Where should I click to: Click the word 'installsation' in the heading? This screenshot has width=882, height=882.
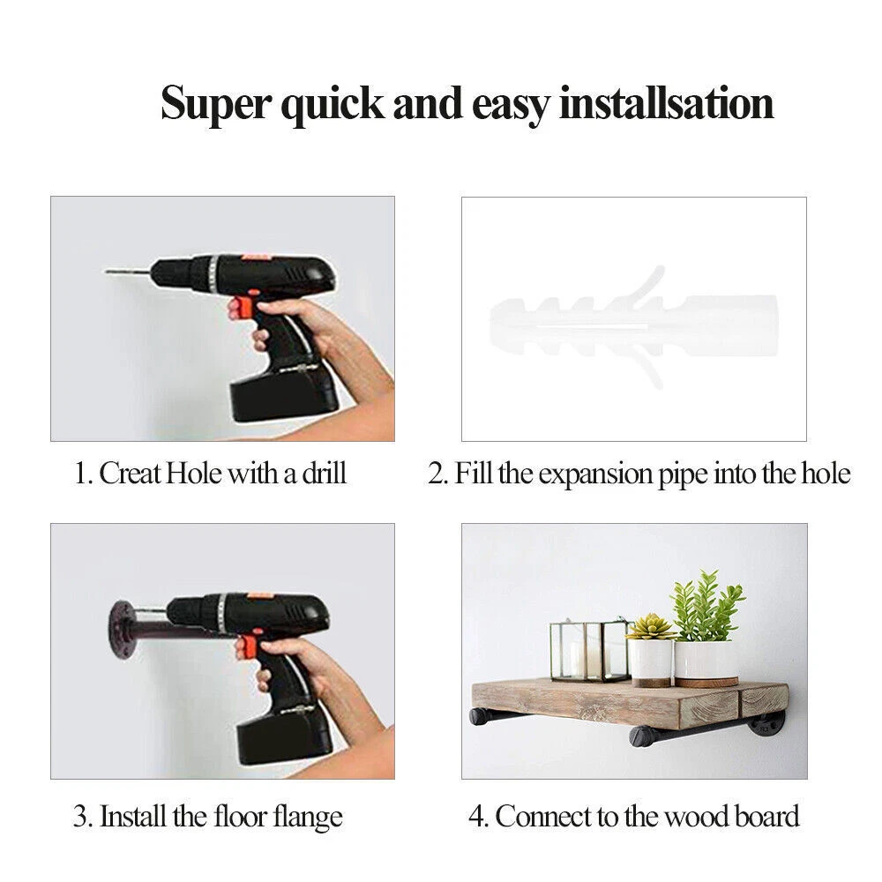click(x=667, y=103)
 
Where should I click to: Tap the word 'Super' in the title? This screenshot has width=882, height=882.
click(x=216, y=105)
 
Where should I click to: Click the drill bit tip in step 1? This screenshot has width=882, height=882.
click(x=107, y=273)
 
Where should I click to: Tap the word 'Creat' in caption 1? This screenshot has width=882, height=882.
click(x=131, y=473)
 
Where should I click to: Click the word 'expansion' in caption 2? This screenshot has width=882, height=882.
click(x=595, y=475)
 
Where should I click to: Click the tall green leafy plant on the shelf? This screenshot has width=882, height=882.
click(x=707, y=607)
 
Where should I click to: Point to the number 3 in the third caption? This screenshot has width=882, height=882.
click(x=80, y=818)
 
